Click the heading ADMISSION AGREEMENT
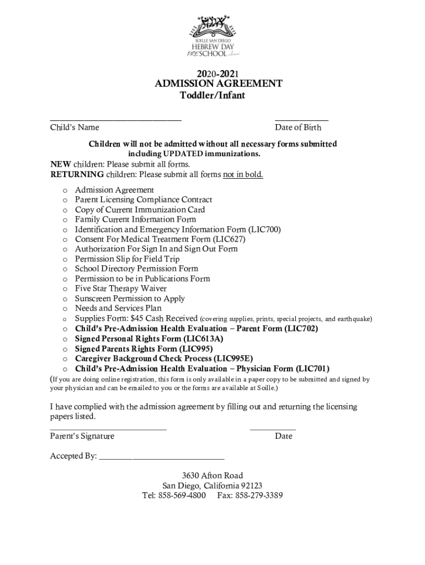click(x=219, y=84)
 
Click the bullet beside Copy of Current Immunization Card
click(x=65, y=210)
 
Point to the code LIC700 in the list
click(x=267, y=230)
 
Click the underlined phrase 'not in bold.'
click(x=243, y=175)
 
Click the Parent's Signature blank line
click(x=108, y=429)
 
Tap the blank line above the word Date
click(x=273, y=429)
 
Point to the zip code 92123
click(x=249, y=486)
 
